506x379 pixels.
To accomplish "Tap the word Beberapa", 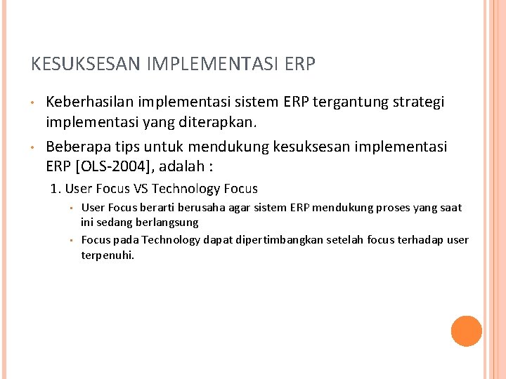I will point(74,147).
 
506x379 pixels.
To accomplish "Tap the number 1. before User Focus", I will point(56,189).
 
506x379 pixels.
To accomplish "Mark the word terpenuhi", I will point(108,255).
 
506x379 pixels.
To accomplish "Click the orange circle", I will point(466,331).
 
